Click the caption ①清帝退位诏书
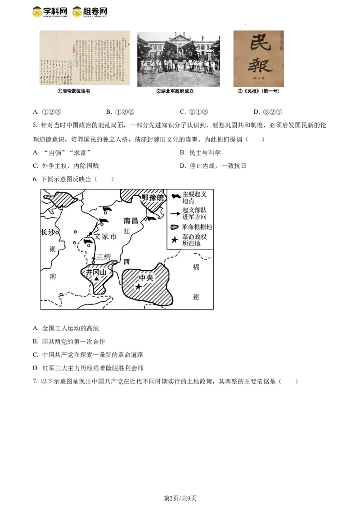point(73,91)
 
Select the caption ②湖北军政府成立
point(178,91)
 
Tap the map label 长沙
point(48,232)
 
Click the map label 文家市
point(105,236)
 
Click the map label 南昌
point(131,221)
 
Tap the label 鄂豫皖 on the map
point(152,198)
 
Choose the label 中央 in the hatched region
point(146,277)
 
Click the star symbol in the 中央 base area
point(139,286)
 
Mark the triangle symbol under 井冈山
point(97,279)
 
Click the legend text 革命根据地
point(197,227)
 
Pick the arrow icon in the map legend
point(175,213)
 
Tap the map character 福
point(196,268)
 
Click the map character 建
point(196,297)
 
